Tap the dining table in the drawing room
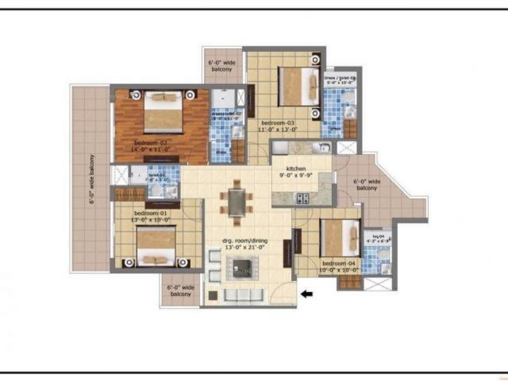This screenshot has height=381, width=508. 236,203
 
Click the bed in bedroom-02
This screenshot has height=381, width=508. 163,112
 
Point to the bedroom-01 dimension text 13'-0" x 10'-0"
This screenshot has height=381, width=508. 152,220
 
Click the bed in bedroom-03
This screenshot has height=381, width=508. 299,86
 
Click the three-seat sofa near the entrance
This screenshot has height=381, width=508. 243,295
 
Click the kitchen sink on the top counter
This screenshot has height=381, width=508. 324,148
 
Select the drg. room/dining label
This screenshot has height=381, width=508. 245,241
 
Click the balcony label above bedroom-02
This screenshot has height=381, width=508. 222,66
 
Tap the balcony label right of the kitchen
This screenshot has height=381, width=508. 367,185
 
